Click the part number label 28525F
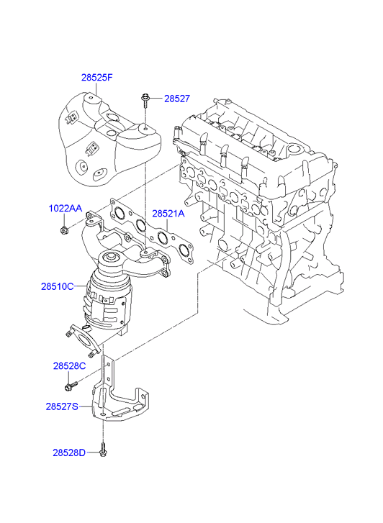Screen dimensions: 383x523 pos(97,78)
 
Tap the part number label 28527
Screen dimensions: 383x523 pos(177,99)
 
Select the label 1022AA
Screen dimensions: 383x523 pos(65,209)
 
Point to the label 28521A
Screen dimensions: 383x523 pos(168,214)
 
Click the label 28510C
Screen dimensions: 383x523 pos(57,286)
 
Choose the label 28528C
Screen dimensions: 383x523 pos(69,366)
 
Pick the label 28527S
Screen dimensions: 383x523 pos(62,406)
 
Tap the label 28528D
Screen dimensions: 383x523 pos(69,452)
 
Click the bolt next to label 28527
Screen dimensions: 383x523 pos(146,101)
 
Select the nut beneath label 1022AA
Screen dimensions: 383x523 pos(63,229)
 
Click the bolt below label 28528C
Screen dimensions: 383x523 pos(71,386)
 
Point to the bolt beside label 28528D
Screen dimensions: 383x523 pos(103,450)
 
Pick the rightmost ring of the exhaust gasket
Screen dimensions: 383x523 pos(184,250)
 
